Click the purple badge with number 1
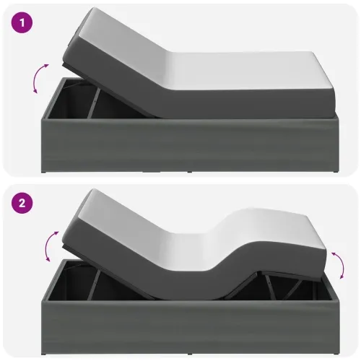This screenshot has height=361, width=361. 22,22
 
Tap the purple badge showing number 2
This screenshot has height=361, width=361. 22,203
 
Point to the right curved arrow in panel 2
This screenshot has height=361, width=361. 340,265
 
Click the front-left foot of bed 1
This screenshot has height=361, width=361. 44,172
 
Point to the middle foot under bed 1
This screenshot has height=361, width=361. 190,172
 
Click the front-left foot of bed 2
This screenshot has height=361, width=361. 44,354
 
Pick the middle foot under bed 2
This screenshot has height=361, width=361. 190,354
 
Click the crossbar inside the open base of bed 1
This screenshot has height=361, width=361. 94,103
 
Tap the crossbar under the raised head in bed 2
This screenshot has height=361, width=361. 94,285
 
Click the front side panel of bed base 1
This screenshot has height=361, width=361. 191,144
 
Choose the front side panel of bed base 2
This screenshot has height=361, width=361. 191,326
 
